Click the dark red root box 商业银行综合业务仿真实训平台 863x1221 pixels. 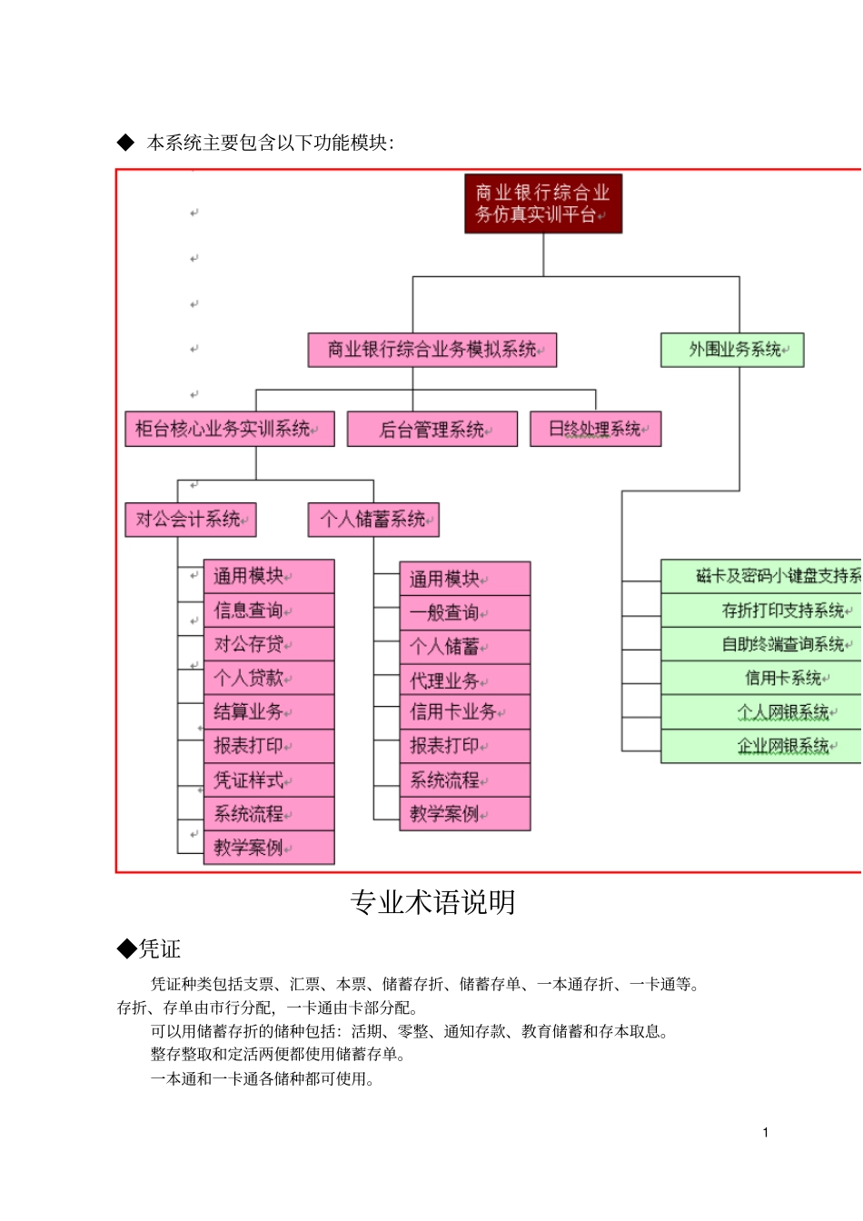coord(543,203)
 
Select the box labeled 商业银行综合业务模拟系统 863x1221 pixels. coord(431,350)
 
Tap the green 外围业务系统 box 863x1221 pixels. coord(732,350)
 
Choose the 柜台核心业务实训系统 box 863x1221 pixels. coord(229,429)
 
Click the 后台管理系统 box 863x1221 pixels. coord(432,430)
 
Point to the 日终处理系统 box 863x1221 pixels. coord(595,430)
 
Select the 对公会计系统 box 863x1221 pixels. coord(191,520)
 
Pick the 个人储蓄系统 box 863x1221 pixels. coord(373,520)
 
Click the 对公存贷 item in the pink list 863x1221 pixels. coord(269,644)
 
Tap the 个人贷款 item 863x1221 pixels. coord(269,678)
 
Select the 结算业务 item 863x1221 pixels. coord(269,711)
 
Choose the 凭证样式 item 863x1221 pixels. coord(269,780)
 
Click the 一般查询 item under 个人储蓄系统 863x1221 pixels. coord(464,612)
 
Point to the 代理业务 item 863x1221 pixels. coord(464,680)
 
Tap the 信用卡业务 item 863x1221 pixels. coord(464,711)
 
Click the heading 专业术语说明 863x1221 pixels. coord(432,902)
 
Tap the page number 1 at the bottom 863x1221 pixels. coord(766,1132)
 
